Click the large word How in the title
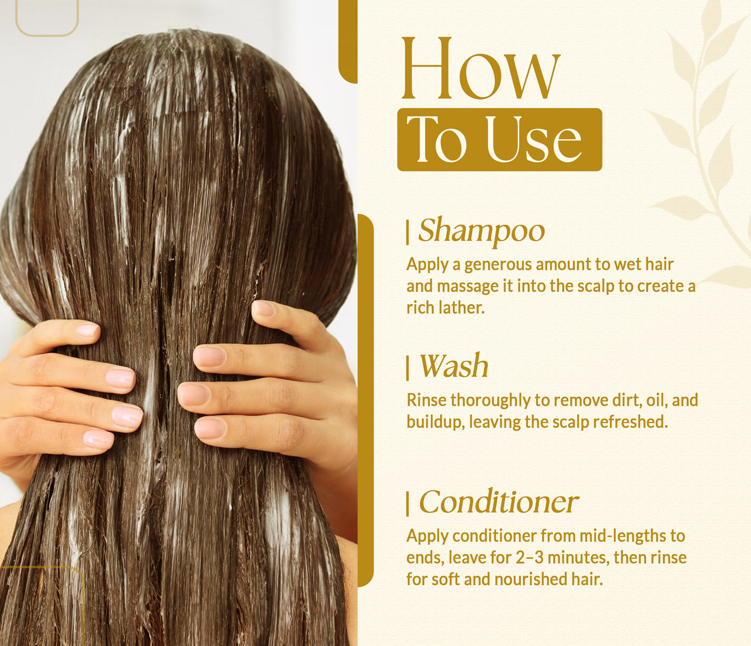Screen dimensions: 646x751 pos(481,69)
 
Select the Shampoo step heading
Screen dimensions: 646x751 pos(481,230)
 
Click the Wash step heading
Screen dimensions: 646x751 pos(454,366)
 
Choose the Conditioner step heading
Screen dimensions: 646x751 pos(498,502)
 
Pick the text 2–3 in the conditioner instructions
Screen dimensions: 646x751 pos(529,558)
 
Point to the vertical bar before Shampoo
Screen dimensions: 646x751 pos(408,232)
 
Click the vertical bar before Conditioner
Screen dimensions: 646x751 pos(408,503)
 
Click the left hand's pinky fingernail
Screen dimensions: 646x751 pos(98,439)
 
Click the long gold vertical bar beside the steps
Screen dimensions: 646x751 pos(365,400)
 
